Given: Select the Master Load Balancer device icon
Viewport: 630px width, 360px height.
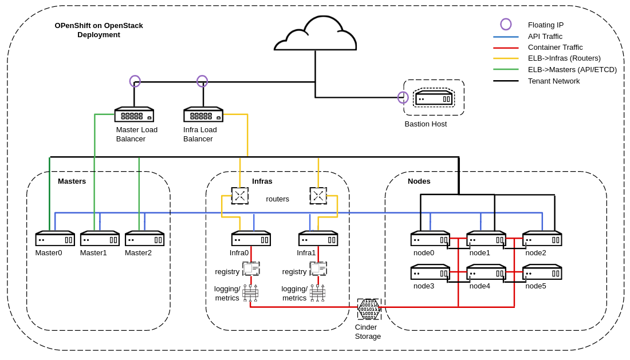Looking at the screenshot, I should click(134, 114).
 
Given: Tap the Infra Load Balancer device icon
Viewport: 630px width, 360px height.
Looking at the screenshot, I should click(203, 114).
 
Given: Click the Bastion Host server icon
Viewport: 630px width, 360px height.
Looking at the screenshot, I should click(434, 98).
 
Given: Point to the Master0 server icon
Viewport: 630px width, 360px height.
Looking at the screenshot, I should click(55, 239).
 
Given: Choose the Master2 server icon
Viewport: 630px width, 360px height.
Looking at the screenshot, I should click(144, 239).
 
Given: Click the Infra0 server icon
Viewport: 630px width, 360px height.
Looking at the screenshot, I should click(251, 239).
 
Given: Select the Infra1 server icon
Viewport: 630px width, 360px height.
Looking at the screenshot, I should click(318, 239).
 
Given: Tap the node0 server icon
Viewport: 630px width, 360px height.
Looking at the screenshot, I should click(430, 239).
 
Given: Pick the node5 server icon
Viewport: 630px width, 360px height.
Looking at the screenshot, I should click(542, 272).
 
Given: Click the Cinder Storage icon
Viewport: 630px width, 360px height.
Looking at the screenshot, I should click(369, 309).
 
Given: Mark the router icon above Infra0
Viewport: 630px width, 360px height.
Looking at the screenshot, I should click(240, 196).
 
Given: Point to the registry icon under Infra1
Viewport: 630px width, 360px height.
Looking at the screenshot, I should click(318, 268).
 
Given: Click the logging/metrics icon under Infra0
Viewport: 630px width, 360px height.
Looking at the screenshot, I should click(250, 293).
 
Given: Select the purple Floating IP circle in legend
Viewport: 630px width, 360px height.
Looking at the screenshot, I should click(506, 24).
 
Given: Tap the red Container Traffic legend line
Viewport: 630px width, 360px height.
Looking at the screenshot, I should click(506, 48).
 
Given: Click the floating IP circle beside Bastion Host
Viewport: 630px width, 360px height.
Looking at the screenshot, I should click(403, 97).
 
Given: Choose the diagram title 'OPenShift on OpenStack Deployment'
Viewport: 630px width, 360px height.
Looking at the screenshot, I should click(99, 30).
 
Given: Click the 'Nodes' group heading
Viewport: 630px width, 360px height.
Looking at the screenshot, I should click(419, 181).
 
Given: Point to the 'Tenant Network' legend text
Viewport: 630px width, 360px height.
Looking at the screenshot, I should click(553, 81).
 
